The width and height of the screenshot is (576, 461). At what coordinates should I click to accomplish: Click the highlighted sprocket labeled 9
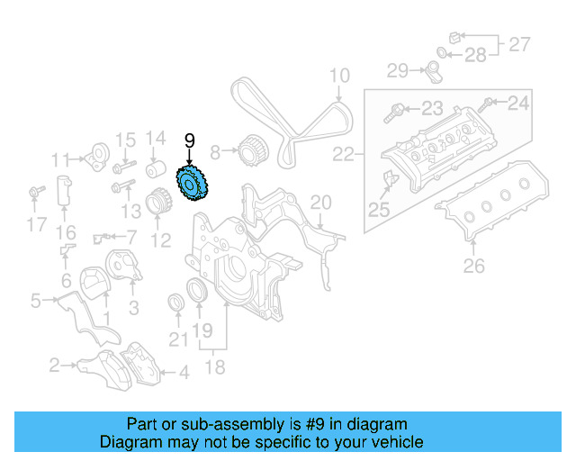[191, 185]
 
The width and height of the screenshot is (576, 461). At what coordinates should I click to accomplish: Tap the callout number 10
[338, 76]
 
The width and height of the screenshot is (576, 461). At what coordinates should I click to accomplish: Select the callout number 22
[344, 155]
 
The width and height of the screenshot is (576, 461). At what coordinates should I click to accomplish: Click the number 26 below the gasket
[473, 266]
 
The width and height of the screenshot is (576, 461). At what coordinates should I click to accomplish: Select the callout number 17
[36, 225]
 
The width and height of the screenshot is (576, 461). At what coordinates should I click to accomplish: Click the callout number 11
[60, 160]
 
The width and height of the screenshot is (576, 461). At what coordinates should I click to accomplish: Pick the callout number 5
[35, 301]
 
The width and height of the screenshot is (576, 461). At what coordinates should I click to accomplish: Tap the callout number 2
[55, 365]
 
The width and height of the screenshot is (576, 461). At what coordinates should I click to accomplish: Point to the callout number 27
[520, 42]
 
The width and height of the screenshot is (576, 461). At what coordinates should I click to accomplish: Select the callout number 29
[398, 69]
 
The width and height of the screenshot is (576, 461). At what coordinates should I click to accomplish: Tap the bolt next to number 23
[393, 113]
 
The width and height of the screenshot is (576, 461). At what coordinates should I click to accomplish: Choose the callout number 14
[156, 139]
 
